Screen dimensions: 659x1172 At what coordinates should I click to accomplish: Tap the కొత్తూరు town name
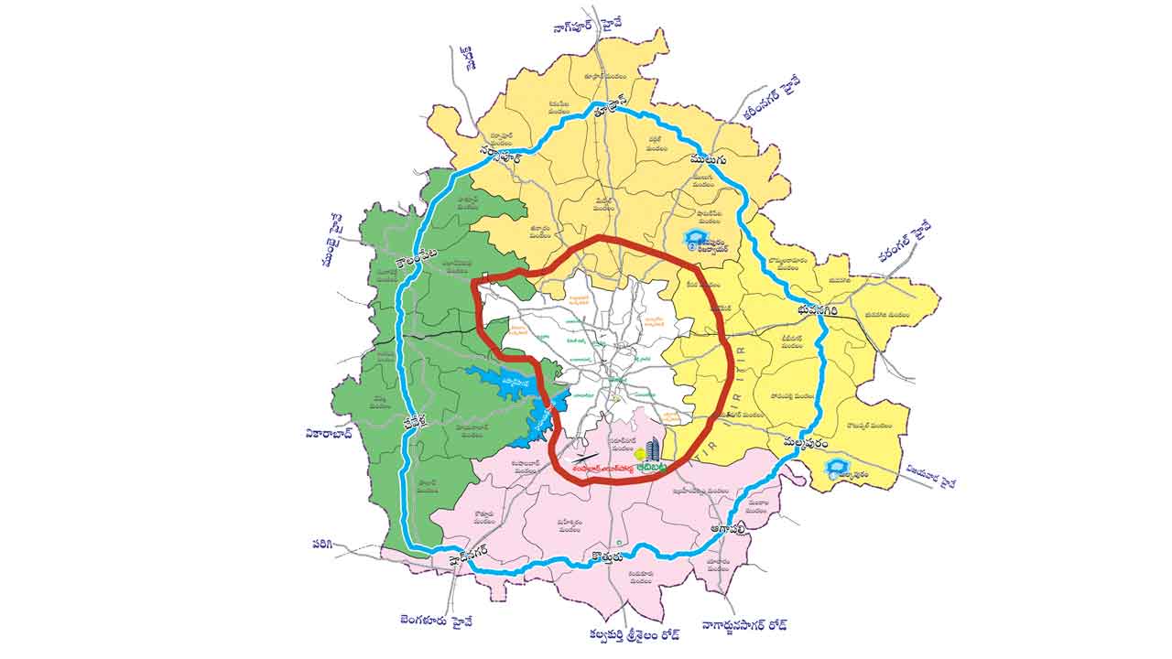point(606,555)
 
